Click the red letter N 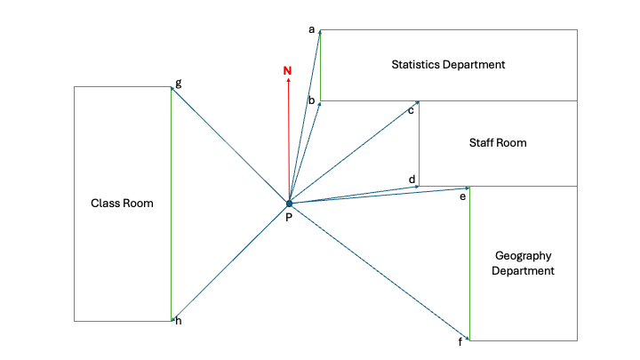(287, 70)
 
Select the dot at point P (289, 204)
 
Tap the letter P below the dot (289, 218)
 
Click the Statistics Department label (448, 64)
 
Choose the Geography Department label (523, 263)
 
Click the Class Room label (123, 203)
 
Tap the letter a (312, 29)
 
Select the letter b (311, 100)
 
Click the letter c (412, 110)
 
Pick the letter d (412, 180)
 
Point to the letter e (462, 196)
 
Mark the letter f (460, 341)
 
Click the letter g (179, 83)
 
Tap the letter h (179, 321)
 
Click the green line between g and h (171, 203)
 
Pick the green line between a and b (320, 67)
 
